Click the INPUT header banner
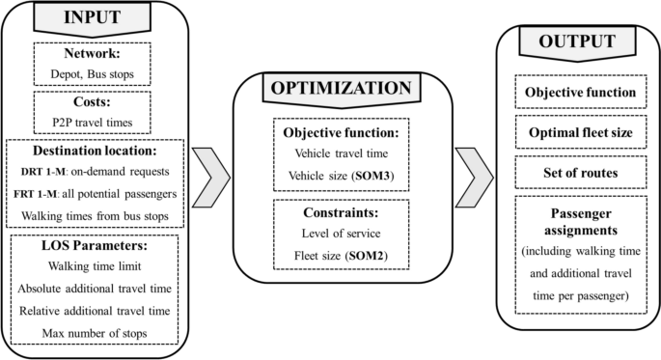pos(92,18)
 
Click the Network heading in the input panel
pos(92,55)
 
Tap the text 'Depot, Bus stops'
pos(92,74)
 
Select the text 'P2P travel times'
pos(92,122)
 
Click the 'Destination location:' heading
pos(92,152)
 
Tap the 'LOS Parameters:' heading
pos(92,248)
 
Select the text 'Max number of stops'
pos(92,333)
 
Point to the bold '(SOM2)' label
pos(376,255)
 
